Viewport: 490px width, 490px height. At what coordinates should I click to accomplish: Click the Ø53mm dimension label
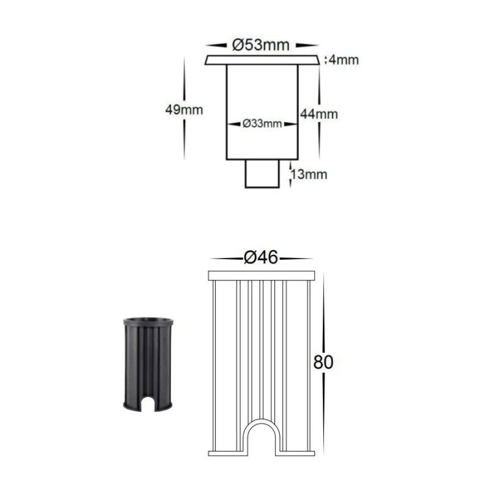(261, 45)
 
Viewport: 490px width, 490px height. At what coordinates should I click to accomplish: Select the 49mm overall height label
(184, 110)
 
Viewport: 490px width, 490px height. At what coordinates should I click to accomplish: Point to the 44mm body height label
(319, 114)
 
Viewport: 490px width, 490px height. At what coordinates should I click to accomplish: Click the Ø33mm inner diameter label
(262, 124)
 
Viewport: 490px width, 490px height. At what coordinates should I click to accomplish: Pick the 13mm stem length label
(309, 175)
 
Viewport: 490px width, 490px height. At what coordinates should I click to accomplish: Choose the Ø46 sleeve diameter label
(261, 258)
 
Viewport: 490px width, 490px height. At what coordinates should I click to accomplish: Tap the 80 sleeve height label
(323, 363)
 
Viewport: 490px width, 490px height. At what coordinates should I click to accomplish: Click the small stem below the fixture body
(262, 174)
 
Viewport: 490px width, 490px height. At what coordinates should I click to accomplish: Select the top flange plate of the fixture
(262, 60)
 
